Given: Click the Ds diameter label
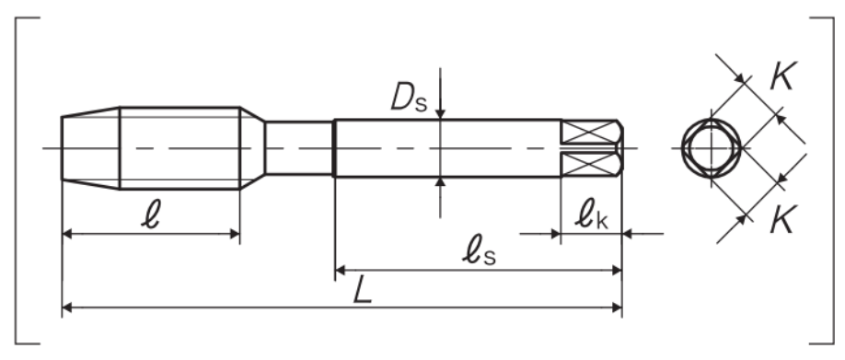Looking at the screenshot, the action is (x=409, y=98).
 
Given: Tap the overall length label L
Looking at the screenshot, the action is (x=363, y=292).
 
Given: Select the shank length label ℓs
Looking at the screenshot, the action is (x=479, y=253).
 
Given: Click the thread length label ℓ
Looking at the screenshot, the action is (x=152, y=215).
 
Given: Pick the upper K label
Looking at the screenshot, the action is (x=783, y=76).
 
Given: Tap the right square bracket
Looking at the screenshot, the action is (x=833, y=180).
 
